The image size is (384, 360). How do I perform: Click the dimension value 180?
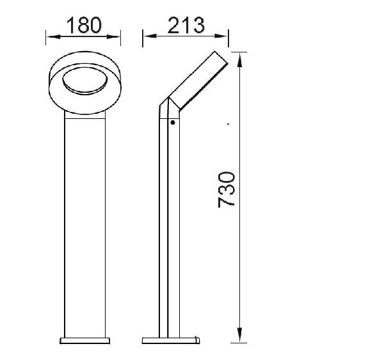(84, 25)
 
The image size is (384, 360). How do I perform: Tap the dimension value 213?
(186, 25)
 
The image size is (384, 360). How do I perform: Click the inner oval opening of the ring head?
(84, 81)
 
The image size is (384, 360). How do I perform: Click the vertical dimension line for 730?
(241, 256)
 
